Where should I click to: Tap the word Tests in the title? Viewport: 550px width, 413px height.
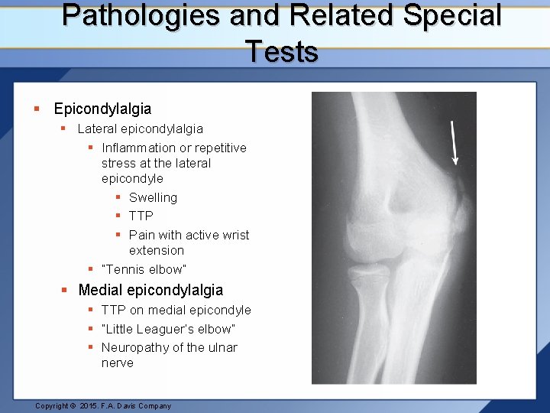coord(282,51)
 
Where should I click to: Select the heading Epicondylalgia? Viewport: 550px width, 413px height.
coord(102,109)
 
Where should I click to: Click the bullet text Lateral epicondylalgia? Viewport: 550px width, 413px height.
coord(140,128)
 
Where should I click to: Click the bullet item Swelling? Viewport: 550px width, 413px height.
coord(153,197)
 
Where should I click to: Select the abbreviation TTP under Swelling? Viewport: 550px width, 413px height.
coord(141,216)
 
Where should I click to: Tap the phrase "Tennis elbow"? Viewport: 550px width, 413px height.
coord(144,269)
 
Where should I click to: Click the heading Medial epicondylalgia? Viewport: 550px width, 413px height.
coord(150,290)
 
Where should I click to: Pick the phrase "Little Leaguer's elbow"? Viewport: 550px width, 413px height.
coord(168,329)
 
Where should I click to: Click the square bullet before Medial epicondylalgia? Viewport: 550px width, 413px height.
coord(65,290)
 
